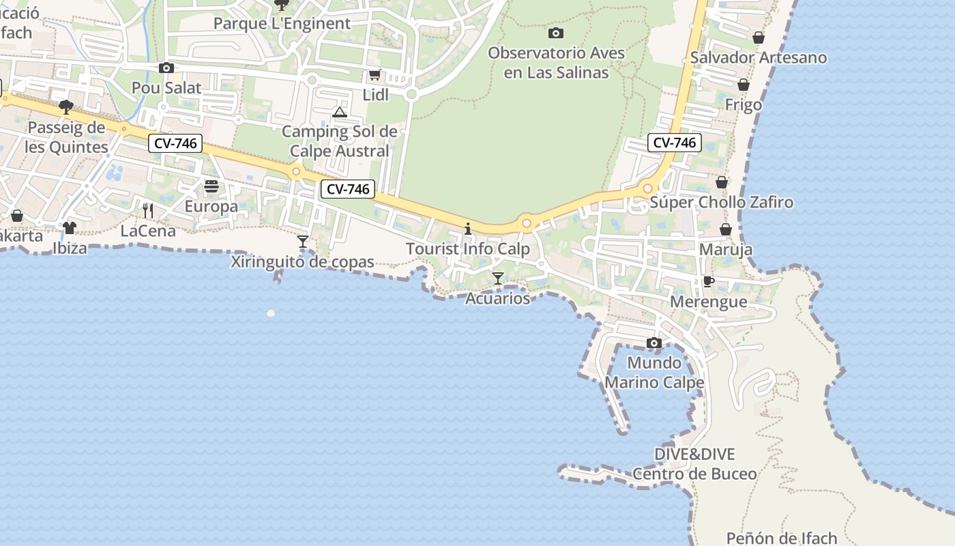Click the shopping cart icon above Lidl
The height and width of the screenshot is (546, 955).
[374, 75]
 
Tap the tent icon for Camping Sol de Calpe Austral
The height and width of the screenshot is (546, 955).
[340, 112]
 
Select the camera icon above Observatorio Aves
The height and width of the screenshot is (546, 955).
[556, 33]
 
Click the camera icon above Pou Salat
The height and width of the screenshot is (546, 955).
[166, 68]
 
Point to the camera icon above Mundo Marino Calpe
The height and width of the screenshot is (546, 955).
[654, 343]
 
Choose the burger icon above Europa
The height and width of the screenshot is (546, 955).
[211, 186]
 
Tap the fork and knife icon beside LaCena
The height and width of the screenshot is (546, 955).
[148, 211]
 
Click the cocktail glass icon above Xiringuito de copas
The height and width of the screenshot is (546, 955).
[303, 242]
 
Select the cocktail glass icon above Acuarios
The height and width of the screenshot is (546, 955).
[498, 278]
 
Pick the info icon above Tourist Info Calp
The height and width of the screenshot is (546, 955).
[468, 229]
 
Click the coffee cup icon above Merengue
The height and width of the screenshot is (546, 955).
[709, 281]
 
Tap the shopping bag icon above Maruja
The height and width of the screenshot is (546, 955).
[726, 229]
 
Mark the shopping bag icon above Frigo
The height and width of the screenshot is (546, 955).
[744, 85]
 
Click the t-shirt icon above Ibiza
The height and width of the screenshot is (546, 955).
[70, 228]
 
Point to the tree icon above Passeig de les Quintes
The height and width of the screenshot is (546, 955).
[66, 106]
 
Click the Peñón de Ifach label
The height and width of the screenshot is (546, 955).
[782, 538]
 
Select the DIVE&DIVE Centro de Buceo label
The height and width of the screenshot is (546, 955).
[694, 464]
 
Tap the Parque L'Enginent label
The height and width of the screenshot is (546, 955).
[282, 23]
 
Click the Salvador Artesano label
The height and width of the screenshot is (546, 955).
[759, 57]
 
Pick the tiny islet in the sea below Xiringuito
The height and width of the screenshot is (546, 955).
[271, 313]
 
